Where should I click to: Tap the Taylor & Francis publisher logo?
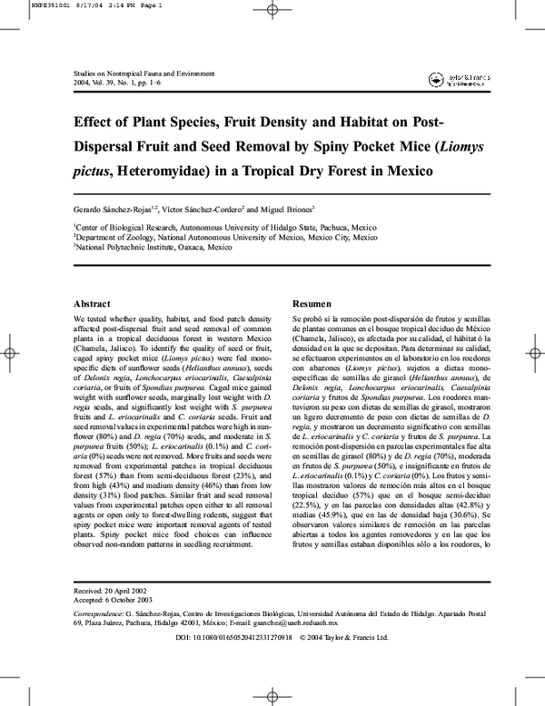tap(447, 81)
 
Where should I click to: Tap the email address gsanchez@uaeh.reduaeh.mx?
tap(295, 623)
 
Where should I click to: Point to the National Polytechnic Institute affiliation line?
tap(141, 247)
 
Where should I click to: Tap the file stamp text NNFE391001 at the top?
tap(25, 5)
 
